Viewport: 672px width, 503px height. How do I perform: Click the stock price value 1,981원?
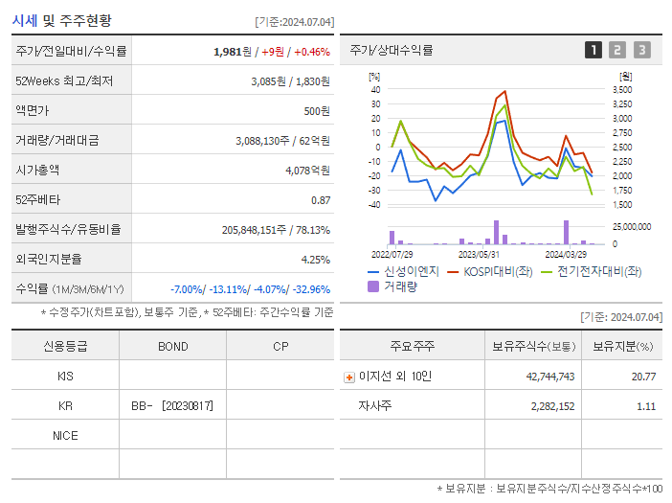pos(233,52)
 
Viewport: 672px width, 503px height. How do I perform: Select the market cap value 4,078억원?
pos(307,170)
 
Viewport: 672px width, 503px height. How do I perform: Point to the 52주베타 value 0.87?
pos(320,199)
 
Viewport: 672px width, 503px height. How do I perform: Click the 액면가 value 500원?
pos(316,111)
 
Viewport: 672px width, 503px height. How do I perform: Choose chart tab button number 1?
pos(594,50)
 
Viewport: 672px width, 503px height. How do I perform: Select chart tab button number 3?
pos(641,50)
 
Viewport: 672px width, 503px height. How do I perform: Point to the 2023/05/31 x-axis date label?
pos(479,255)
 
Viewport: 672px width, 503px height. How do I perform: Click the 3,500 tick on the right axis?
pos(621,89)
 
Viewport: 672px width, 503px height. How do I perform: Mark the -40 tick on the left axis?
pos(374,204)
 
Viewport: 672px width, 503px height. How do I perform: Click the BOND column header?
pos(172,346)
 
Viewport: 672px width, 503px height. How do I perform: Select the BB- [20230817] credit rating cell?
pos(172,406)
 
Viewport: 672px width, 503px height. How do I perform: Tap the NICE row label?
pos(65,436)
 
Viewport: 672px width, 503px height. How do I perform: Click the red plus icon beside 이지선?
pos(348,377)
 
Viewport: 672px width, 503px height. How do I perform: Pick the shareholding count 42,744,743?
pos(549,377)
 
